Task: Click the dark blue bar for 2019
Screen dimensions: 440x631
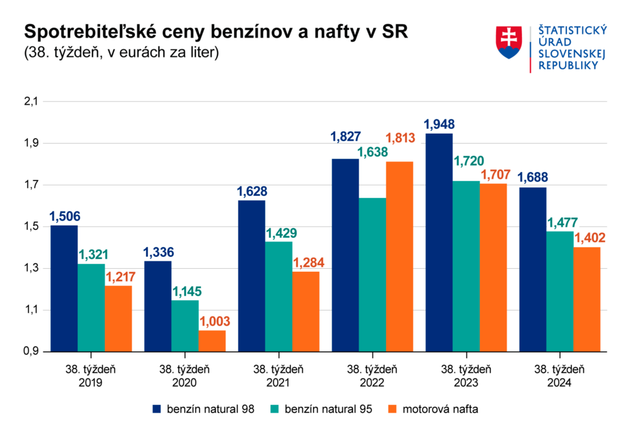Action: (x=64, y=288)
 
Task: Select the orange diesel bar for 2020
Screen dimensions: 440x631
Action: (x=212, y=341)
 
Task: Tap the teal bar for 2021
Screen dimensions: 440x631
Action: (x=279, y=296)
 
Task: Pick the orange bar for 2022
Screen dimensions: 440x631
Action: (x=399, y=256)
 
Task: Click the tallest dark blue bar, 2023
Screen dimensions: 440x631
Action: (x=439, y=242)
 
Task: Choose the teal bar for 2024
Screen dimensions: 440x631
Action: (x=560, y=291)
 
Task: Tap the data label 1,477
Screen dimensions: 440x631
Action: (x=560, y=223)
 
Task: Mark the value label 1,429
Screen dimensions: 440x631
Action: (x=279, y=234)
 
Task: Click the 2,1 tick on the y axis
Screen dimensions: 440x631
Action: (x=30, y=102)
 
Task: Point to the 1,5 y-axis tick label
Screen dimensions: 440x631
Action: (x=30, y=227)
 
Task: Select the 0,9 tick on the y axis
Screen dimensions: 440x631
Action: (x=30, y=352)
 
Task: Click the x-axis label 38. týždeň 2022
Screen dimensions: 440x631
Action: (x=372, y=376)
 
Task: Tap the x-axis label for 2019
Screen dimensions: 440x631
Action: (x=91, y=376)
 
